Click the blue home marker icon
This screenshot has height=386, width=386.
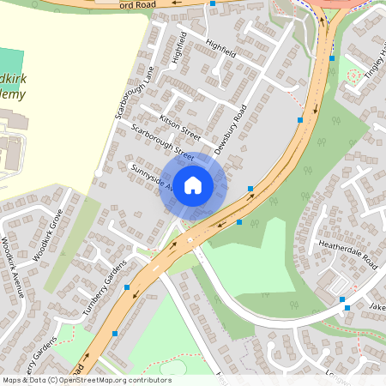(x=193, y=184)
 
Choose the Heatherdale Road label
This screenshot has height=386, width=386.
(x=347, y=252)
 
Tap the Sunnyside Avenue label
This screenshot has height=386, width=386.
(x=149, y=174)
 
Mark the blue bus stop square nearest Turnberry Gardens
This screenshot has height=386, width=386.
(x=127, y=286)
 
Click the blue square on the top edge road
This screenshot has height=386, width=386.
(x=213, y=3)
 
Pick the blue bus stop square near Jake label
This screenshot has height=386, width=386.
(x=342, y=299)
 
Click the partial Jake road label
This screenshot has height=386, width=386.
(x=377, y=305)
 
